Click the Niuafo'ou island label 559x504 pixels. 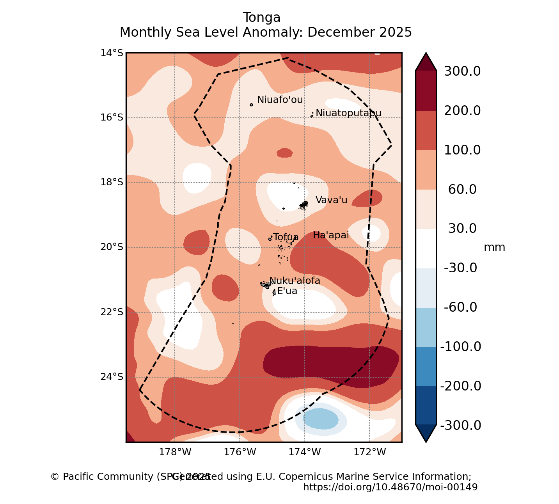tap(280, 100)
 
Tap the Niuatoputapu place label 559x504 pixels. tap(348, 113)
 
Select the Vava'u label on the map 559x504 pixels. tap(331, 200)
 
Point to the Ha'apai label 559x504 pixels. tap(331, 235)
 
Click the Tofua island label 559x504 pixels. tap(286, 237)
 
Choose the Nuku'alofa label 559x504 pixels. tap(295, 281)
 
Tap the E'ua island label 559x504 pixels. tap(287, 291)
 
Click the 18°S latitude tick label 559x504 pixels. tap(112, 182)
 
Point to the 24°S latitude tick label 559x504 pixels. tap(112, 377)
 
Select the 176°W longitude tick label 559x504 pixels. tap(240, 452)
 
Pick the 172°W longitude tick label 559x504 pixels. tap(370, 452)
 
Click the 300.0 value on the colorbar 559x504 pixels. tap(462, 71)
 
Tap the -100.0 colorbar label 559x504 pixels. tap(461, 346)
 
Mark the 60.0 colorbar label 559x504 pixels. tap(462, 190)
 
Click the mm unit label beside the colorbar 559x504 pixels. tap(494, 247)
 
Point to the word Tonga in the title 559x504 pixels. tap(261, 18)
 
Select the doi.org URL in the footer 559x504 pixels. tap(390, 487)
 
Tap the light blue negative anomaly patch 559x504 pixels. tap(320, 419)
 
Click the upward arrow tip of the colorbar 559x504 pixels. tap(426, 55)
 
